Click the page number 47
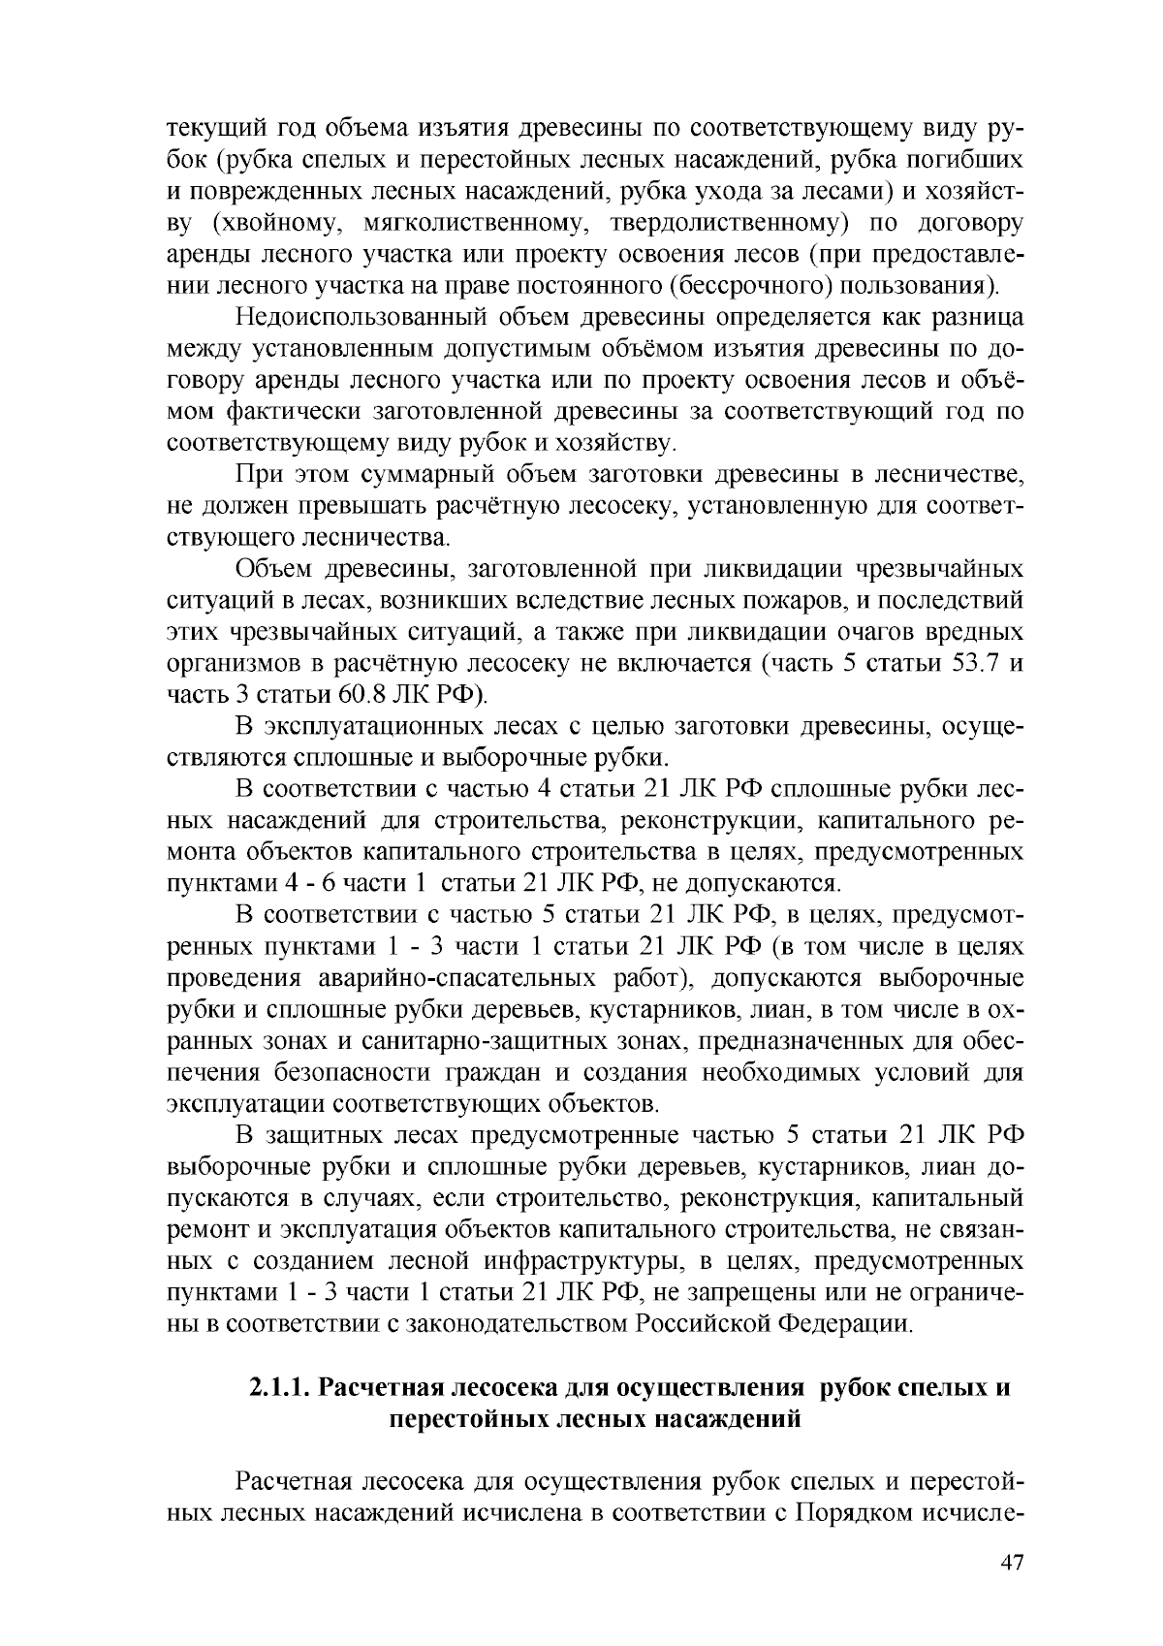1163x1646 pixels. (1012, 1563)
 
